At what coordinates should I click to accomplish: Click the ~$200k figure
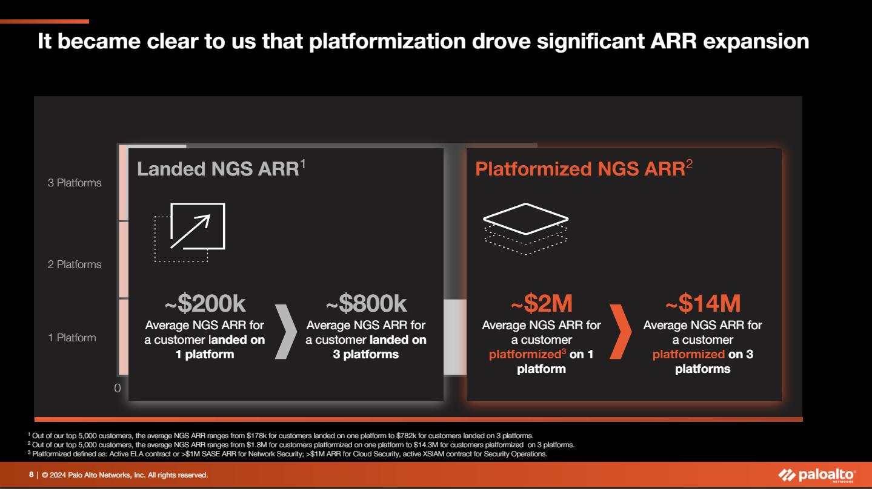tap(205, 304)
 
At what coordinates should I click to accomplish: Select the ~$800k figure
tap(367, 304)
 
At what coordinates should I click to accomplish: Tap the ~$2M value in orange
tap(542, 303)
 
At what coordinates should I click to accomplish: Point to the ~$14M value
tap(703, 303)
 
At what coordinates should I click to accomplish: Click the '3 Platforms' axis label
tap(75, 183)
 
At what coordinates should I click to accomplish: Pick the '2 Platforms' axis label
tap(75, 264)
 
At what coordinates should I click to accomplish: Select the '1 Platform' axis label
tap(72, 338)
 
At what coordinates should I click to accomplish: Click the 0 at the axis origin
tap(117, 388)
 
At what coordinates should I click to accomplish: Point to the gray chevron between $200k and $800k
tap(286, 332)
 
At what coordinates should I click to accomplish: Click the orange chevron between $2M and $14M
tap(621, 332)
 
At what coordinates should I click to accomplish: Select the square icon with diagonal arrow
tap(190, 232)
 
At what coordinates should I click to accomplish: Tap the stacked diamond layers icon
tap(526, 229)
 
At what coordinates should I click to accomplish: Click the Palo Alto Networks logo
tap(817, 475)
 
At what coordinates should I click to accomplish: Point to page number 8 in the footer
tap(31, 474)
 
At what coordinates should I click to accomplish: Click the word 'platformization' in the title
tap(387, 41)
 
